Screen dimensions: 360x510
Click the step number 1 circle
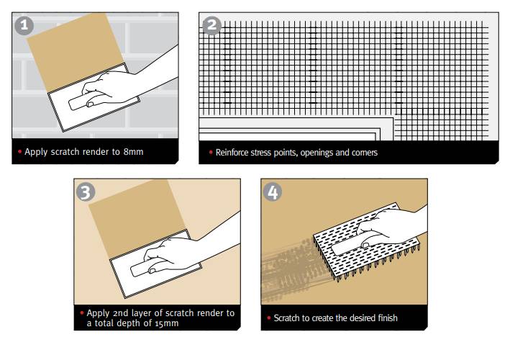25,25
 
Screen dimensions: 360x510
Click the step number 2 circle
211,26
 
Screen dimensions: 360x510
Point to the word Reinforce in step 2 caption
233,153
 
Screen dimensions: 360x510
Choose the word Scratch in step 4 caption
286,318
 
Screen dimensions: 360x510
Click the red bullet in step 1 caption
20,152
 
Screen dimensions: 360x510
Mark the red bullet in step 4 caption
269,318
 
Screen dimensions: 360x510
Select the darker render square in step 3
126,216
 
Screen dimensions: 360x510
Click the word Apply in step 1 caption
35,152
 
